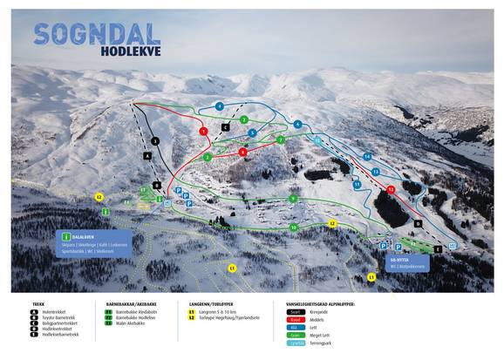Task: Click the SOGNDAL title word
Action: coord(97,34)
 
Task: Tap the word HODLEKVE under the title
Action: coord(125,51)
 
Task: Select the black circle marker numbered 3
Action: coord(154,139)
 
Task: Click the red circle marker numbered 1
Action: coord(203,131)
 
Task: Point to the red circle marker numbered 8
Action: coord(242,152)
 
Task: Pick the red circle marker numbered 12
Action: coord(391,189)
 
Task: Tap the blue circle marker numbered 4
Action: coord(220,106)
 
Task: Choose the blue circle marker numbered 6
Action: coord(297,125)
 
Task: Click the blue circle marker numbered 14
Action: coord(367,157)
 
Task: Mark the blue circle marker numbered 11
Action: coord(357,185)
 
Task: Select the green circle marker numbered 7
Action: coord(281,139)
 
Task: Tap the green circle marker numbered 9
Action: coord(293,199)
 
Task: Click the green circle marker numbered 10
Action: coord(294,228)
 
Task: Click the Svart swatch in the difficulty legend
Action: coord(296,310)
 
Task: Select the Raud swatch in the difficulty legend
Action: coord(296,319)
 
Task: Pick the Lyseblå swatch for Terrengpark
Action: coord(296,343)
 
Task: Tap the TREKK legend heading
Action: coord(38,304)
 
